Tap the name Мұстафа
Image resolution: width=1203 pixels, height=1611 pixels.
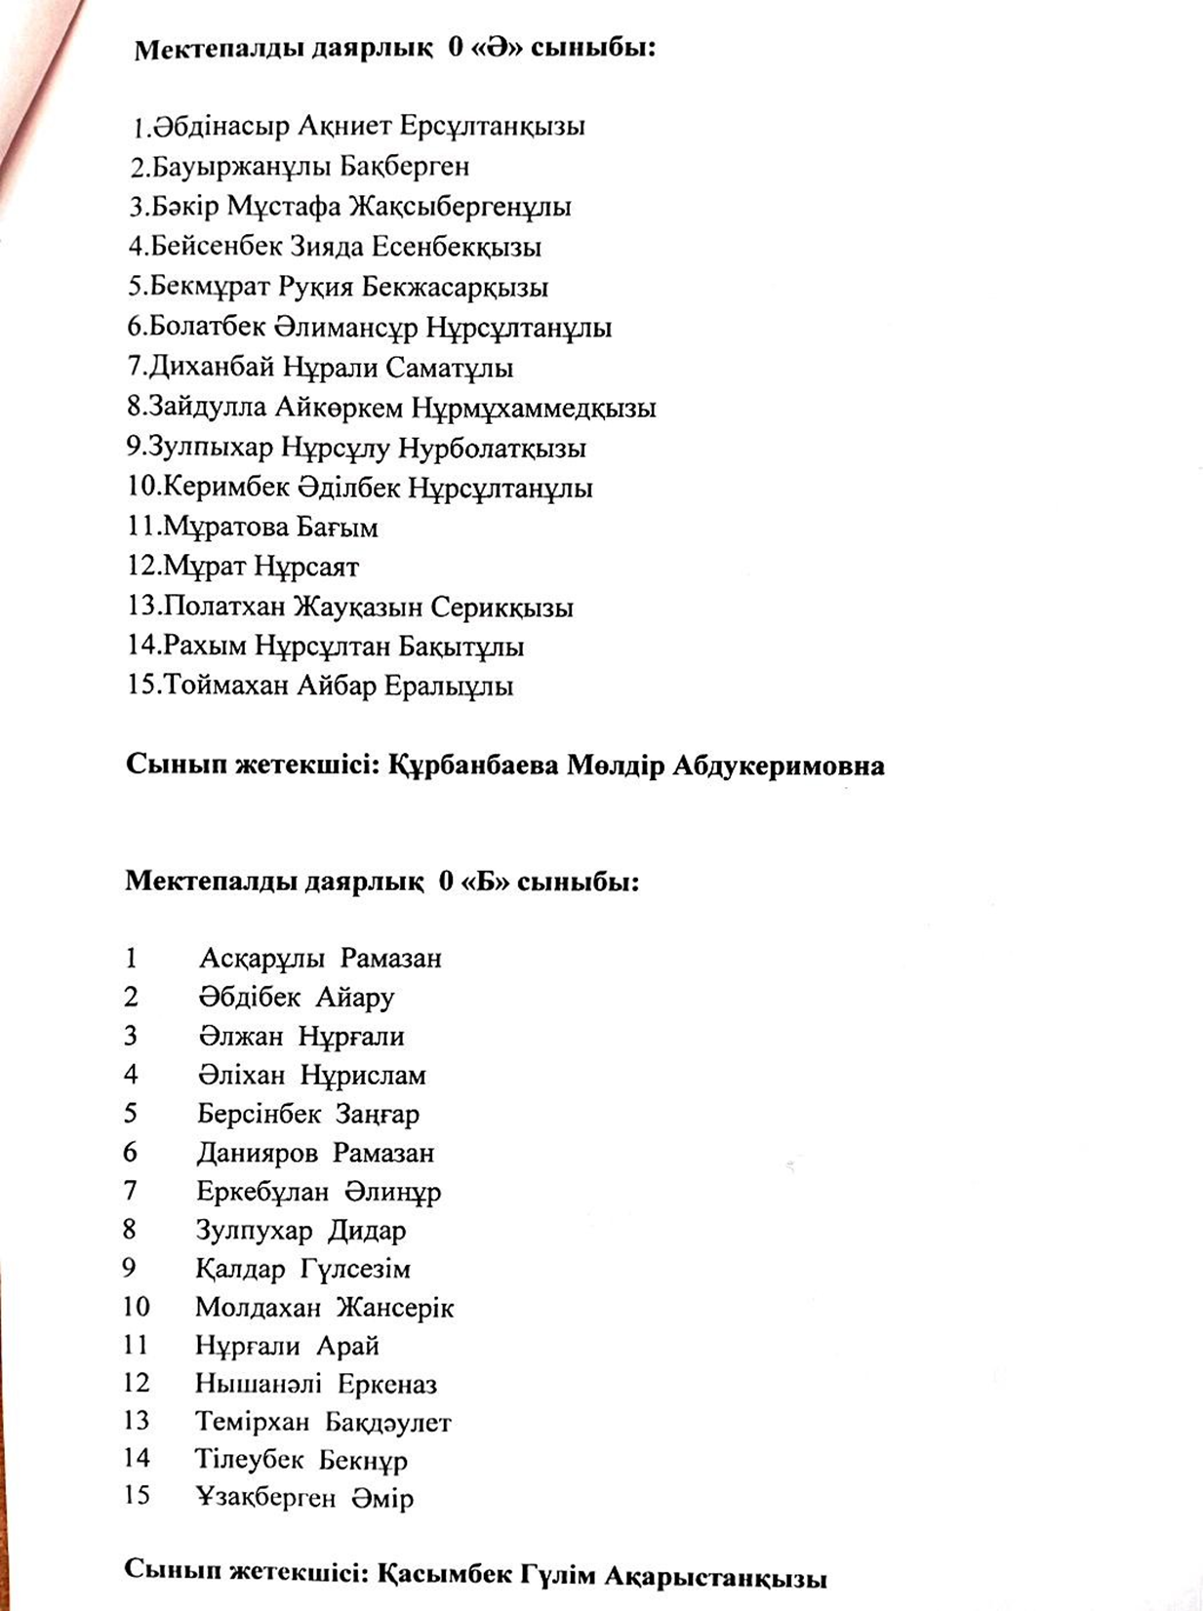282,207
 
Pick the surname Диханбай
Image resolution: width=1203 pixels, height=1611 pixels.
211,368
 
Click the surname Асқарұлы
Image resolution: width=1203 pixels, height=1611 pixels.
261,959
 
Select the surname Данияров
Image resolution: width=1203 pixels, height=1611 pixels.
257,1153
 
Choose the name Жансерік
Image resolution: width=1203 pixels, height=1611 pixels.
395,1308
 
